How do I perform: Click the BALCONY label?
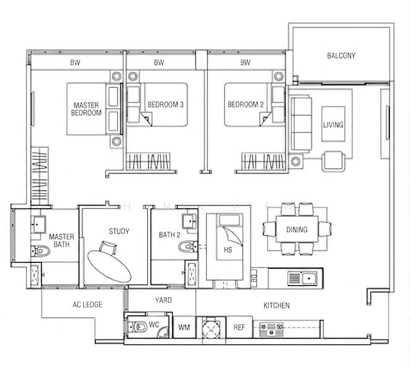(341, 56)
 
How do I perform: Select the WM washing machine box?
(184, 327)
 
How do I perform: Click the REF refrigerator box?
(239, 327)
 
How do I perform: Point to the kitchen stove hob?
(272, 329)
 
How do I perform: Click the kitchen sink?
(303, 278)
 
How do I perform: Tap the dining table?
(297, 229)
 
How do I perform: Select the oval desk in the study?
(109, 266)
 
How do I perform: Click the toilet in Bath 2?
(188, 247)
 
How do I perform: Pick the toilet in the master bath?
(40, 251)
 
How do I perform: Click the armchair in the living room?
(333, 161)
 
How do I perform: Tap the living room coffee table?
(333, 124)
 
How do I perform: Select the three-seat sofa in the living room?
(301, 124)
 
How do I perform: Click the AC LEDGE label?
(87, 304)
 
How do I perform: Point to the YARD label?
(164, 300)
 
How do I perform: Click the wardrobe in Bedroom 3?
(148, 161)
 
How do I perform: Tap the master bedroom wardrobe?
(40, 176)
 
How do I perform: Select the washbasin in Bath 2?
(190, 221)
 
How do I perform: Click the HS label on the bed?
(228, 250)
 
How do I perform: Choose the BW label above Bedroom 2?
(245, 62)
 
